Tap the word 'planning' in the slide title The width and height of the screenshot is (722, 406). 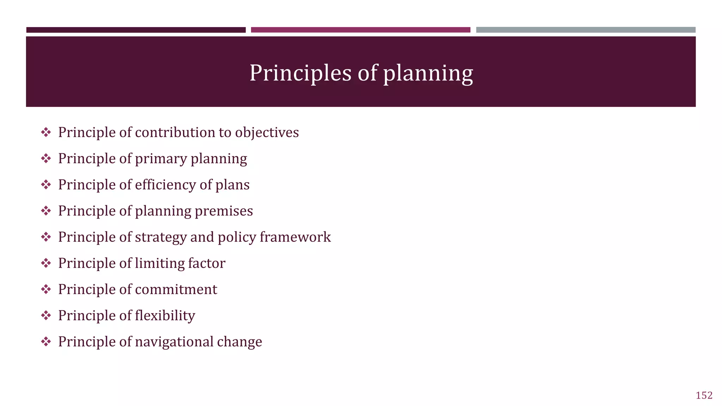click(428, 74)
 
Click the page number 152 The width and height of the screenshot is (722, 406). click(704, 395)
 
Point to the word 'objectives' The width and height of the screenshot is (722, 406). click(267, 133)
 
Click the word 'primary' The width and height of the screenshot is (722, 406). click(161, 159)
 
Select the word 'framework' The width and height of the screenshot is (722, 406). click(295, 237)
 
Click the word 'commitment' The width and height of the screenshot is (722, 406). click(176, 289)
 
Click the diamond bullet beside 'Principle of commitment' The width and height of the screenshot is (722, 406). click(46, 289)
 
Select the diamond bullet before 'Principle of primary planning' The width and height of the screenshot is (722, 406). click(46, 159)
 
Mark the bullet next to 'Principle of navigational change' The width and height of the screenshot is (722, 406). click(46, 342)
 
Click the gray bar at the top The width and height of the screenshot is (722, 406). click(586, 30)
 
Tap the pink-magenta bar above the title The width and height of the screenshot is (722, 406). click(360, 30)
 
